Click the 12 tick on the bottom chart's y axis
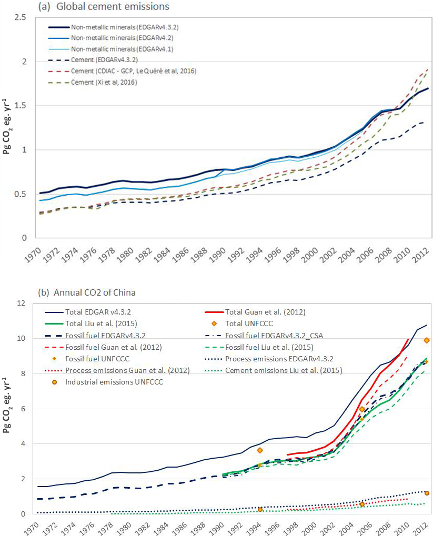pos(21,304)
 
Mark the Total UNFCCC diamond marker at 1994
pos(259,450)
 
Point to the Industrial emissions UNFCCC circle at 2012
pos(427,493)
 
